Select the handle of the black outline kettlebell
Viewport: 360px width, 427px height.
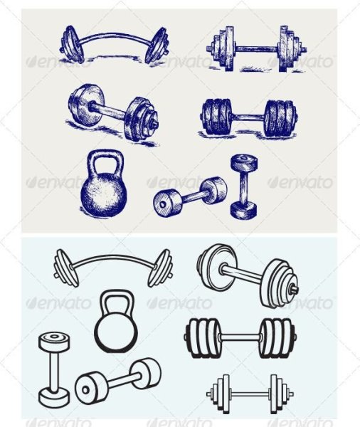117,293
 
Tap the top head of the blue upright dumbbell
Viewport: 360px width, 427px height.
244,162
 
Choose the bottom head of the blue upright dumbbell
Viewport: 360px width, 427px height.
244,211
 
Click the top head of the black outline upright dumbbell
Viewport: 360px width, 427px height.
54,340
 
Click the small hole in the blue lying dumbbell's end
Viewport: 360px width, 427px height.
163,204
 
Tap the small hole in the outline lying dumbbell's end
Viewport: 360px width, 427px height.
85,390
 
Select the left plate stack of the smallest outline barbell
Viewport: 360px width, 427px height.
221,394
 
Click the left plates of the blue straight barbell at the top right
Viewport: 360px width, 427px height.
223,48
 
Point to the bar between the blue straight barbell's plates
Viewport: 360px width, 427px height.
256,49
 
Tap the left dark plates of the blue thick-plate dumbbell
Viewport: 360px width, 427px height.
217,117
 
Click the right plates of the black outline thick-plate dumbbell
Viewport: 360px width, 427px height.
276,337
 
